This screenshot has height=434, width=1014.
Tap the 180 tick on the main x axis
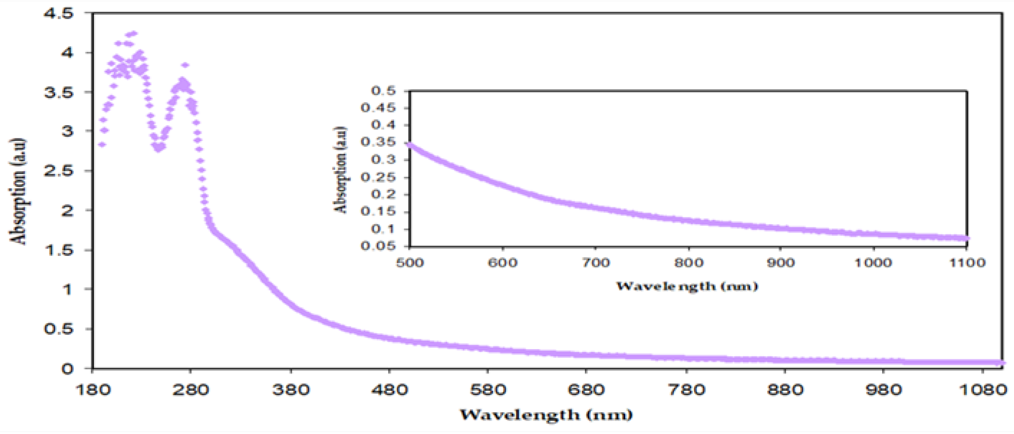(92, 390)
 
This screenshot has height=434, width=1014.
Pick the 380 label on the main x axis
(291, 390)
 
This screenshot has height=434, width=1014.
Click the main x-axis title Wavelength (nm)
(546, 415)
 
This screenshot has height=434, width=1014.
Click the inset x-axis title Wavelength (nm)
(687, 286)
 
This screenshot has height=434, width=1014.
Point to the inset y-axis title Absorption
(340, 170)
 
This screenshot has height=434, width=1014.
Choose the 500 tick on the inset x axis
(409, 263)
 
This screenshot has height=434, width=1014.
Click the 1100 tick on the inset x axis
(967, 263)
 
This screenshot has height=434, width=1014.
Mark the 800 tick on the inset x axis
(688, 263)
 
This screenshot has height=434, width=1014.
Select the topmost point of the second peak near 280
(185, 65)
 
